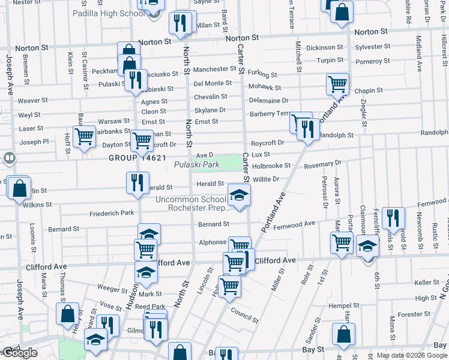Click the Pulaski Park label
[197, 164]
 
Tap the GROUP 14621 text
[137, 158]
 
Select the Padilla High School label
[111, 13]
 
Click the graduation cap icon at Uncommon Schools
[239, 195]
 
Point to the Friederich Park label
[112, 213]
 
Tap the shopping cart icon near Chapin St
[338, 85]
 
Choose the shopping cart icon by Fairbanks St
[84, 137]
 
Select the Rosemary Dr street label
[322, 163]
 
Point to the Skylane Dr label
[209, 110]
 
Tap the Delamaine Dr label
[268, 101]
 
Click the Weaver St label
[32, 101]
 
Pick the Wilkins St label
[37, 205]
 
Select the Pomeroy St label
[373, 61]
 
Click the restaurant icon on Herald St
[137, 183]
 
